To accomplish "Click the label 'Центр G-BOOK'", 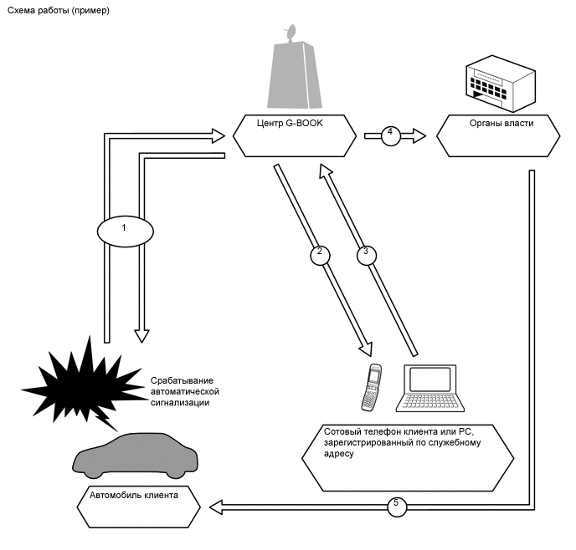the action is pos(290,123).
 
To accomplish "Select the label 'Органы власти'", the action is pos(501,123).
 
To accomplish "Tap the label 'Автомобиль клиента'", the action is pos(134,495).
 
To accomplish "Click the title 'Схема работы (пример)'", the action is pos(59,10).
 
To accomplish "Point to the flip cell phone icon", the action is pos(371,387).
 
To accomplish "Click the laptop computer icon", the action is pos(429,388).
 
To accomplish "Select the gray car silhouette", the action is pos(135,456).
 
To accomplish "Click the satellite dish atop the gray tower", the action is pos(291,33).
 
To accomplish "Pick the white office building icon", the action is pos(501,84).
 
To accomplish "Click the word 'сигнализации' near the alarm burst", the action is pos(180,403).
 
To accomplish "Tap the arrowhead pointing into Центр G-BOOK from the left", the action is pos(219,136).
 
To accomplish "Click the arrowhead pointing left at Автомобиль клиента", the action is pos(216,507).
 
